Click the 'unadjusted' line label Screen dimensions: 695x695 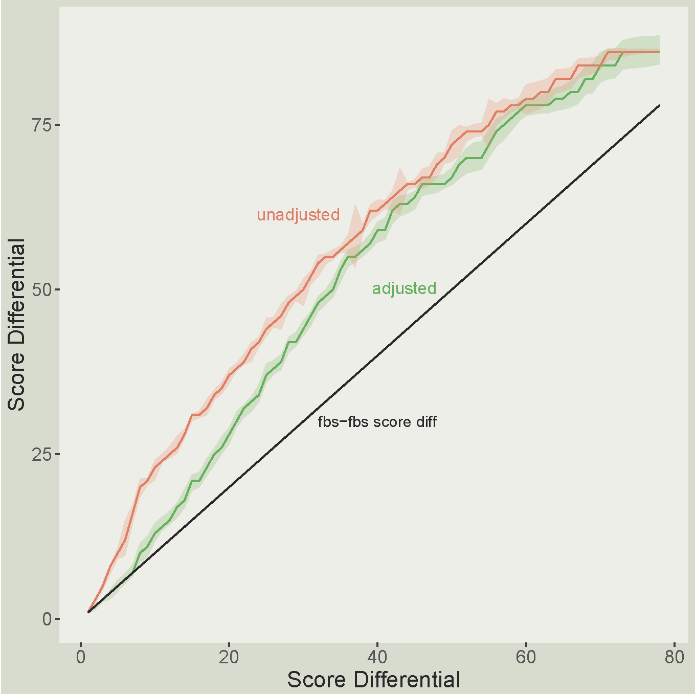pos(298,215)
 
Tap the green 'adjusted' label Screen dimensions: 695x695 pos(404,288)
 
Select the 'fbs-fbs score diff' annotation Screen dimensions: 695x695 pos(377,422)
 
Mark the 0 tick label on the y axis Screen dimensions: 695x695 pos(47,619)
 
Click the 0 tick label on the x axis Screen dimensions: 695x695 pos(81,657)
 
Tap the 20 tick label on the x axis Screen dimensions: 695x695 pos(229,657)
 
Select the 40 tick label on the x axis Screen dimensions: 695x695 pos(377,657)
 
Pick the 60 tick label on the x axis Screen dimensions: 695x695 pos(526,657)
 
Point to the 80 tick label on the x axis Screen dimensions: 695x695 pos(674,657)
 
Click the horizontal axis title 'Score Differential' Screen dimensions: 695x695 pos(373,680)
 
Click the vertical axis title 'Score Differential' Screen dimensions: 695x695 pos(16,325)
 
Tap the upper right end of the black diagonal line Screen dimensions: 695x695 pos(659,105)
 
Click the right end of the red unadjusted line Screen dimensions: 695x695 pos(659,52)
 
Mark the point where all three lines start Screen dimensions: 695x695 pos(88,612)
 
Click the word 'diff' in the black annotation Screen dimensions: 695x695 pos(427,422)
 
